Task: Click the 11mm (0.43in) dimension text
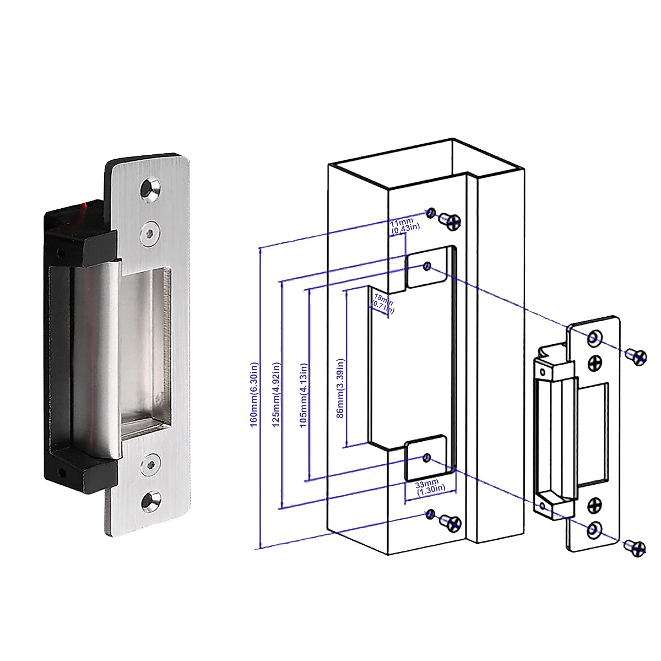(x=405, y=225)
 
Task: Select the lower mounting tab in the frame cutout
(x=426, y=458)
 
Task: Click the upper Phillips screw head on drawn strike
(x=595, y=362)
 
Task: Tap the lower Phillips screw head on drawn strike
(x=595, y=505)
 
